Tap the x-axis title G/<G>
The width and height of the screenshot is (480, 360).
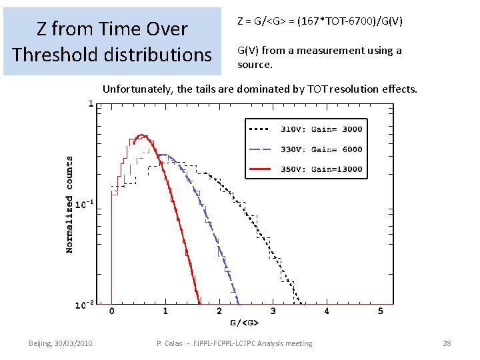(x=245, y=323)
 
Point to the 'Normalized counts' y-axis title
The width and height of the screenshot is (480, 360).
(x=69, y=204)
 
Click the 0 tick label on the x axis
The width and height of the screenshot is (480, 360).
(x=111, y=311)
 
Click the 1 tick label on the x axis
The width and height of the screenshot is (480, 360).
(x=165, y=311)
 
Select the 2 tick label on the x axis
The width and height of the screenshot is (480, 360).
(x=219, y=311)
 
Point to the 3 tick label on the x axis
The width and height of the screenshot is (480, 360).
(x=273, y=311)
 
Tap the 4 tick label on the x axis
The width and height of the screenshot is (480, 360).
(x=327, y=311)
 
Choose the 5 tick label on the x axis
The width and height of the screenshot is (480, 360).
(x=380, y=311)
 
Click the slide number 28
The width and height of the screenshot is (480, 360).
(x=447, y=343)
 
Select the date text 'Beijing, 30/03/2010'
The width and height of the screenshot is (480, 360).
(x=61, y=343)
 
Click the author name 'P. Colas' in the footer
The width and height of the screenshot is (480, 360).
(x=169, y=343)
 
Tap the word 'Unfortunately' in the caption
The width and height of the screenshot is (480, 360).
(x=137, y=89)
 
